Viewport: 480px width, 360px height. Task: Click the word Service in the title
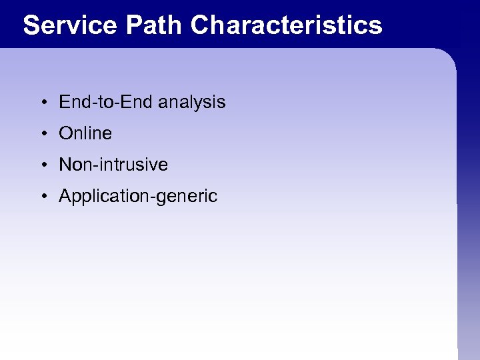pyautogui.click(x=70, y=25)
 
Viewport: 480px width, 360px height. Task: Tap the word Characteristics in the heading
pyautogui.click(x=286, y=25)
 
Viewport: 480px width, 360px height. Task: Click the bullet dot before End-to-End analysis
pyautogui.click(x=42, y=103)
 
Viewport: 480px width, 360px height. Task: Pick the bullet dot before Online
pyautogui.click(x=42, y=134)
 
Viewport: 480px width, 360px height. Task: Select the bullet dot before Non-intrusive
pyautogui.click(x=42, y=165)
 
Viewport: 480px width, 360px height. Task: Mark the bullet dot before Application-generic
pyautogui.click(x=42, y=197)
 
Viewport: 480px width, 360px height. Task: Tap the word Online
pyautogui.click(x=85, y=133)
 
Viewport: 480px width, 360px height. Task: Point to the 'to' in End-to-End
pyautogui.click(x=99, y=103)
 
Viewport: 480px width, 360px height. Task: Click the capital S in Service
pyautogui.click(x=31, y=25)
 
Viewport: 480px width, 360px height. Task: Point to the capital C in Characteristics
pyautogui.click(x=200, y=25)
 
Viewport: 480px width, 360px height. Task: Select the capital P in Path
pyautogui.click(x=133, y=25)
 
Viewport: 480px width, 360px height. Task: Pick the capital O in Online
pyautogui.click(x=65, y=133)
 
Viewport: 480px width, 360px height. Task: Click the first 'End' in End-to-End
pyautogui.click(x=73, y=103)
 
